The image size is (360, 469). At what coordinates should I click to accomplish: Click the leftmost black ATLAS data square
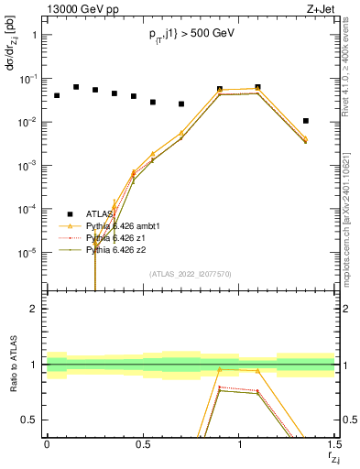(x=57, y=95)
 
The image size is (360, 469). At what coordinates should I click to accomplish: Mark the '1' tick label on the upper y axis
(x=36, y=35)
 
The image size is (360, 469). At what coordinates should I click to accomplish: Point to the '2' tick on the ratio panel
(x=36, y=310)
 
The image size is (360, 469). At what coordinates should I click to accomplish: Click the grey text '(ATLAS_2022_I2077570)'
(x=191, y=273)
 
